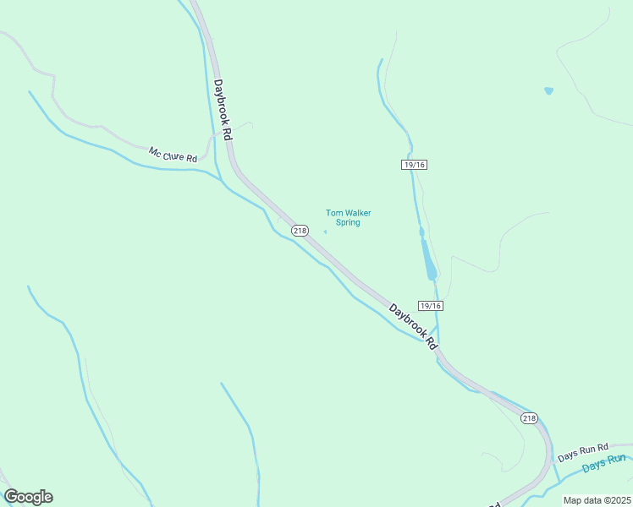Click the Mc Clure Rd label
coord(173,155)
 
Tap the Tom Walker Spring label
coord(349,218)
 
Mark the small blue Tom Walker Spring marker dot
coord(325,232)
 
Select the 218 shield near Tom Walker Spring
coord(300,231)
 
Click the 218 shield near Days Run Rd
coord(529,417)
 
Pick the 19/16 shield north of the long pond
coord(414,165)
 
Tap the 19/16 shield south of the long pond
coord(431,305)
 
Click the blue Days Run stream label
coord(604,463)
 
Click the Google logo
coord(28,497)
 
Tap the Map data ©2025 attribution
coord(597,500)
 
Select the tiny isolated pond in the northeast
coord(548,90)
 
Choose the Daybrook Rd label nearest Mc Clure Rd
coord(223,110)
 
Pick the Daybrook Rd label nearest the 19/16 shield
coord(412,326)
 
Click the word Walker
coord(356,213)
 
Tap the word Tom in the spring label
coord(333,213)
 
